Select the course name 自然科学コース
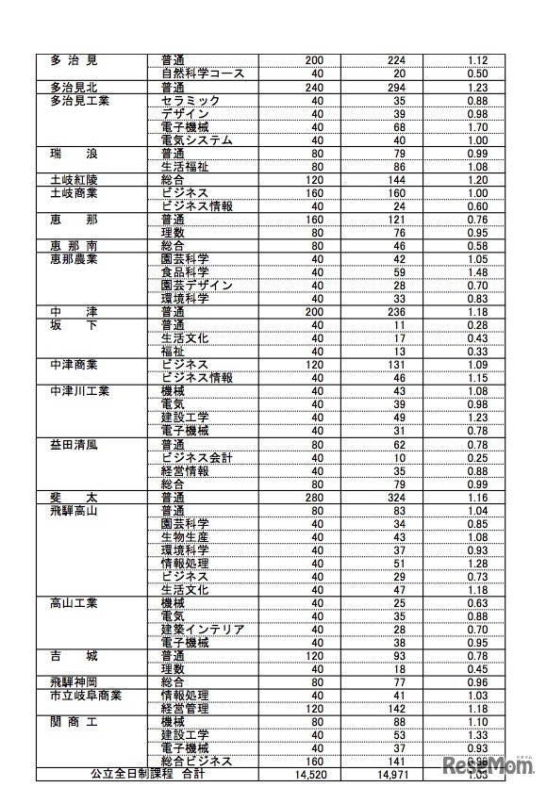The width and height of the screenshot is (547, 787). [x=203, y=74]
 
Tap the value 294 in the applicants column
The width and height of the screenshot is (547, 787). [x=396, y=87]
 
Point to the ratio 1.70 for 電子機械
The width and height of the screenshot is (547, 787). [x=476, y=127]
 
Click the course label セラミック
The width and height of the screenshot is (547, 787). [x=191, y=100]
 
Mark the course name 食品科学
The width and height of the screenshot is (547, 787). [x=185, y=271]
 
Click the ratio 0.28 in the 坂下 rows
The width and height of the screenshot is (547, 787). [x=476, y=325]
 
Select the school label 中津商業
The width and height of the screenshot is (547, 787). [x=74, y=364]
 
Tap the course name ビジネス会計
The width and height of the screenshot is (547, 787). [x=197, y=457]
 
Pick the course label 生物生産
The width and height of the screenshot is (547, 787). [x=185, y=536]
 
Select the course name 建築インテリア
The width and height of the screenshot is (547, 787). [x=203, y=629]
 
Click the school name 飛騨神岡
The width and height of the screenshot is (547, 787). [x=74, y=681]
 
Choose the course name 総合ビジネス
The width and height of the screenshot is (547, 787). [x=197, y=762]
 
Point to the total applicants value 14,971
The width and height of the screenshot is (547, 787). [x=396, y=775]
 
